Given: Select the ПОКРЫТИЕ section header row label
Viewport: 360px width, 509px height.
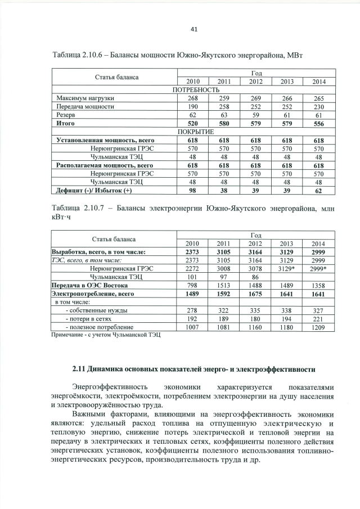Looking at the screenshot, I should [195, 131].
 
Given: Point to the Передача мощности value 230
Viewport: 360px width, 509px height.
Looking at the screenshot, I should [319, 106].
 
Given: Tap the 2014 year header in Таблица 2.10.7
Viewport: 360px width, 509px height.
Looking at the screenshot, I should [319, 244].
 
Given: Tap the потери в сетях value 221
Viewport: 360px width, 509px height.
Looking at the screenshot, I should [319, 318].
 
